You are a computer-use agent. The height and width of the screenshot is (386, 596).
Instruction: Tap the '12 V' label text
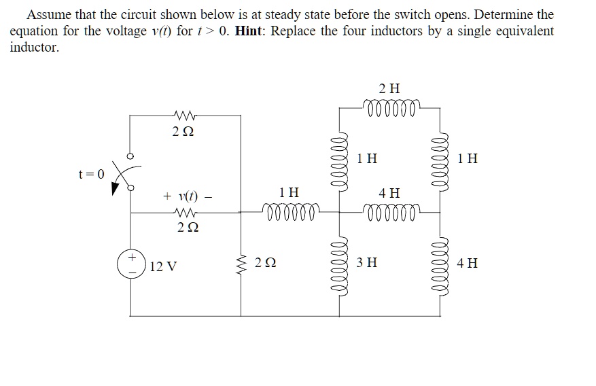162,266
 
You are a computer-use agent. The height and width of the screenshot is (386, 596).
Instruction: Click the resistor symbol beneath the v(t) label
185,213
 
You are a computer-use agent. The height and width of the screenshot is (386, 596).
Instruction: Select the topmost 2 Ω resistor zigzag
185,113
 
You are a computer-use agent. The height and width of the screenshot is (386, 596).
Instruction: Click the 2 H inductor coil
389,107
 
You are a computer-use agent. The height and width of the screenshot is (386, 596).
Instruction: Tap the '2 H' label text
389,88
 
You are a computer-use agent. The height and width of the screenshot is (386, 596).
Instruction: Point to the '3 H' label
367,262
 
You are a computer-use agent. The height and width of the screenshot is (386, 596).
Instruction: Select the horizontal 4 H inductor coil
389,213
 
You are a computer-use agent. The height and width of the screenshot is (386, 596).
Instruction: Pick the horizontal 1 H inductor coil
290,213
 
